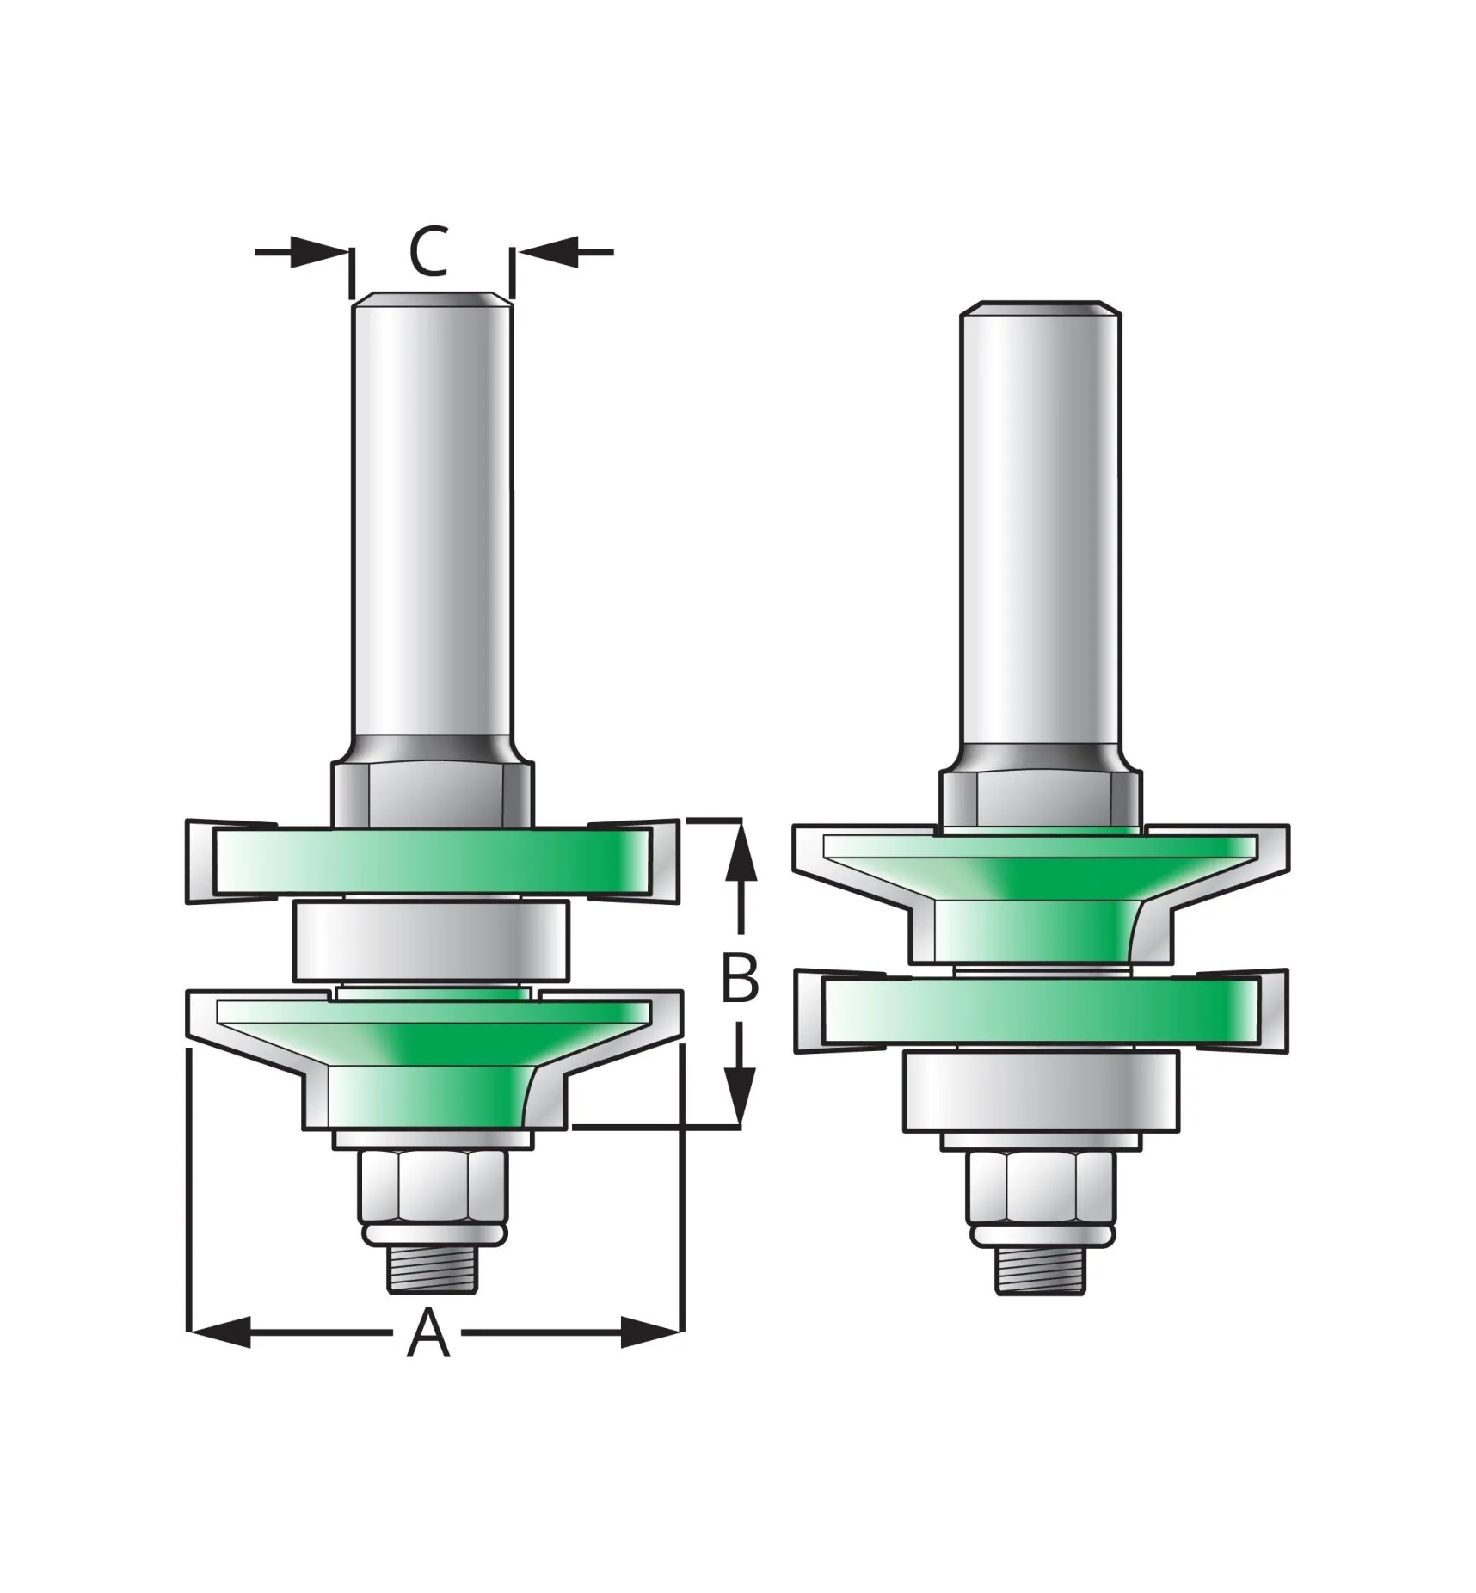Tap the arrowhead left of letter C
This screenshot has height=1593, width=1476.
319,252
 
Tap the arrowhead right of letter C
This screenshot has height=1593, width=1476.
545,252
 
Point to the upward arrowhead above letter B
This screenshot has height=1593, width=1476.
741,851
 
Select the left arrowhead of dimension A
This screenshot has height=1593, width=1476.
219,1356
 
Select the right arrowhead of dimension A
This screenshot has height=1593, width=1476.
652,1356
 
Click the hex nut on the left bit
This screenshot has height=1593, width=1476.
434,1186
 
